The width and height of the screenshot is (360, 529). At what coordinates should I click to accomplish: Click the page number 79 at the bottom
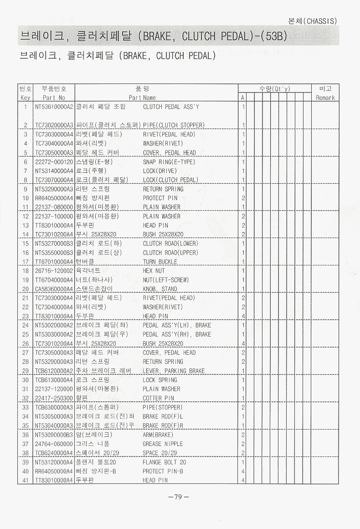[179, 497]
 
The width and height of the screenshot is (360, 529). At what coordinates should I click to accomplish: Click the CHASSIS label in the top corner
[313, 21]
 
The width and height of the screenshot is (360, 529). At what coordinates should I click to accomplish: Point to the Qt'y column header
[275, 88]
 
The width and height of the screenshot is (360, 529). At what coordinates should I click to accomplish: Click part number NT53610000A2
[54, 107]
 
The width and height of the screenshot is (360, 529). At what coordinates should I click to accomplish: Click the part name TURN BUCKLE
[160, 262]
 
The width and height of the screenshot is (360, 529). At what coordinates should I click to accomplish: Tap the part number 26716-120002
[54, 270]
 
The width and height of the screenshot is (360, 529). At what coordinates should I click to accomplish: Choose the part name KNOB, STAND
[160, 289]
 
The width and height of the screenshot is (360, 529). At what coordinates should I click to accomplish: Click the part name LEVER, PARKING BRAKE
[174, 371]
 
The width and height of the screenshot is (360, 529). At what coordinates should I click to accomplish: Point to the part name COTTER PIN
[158, 398]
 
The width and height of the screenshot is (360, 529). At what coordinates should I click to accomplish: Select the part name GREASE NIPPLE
[163, 444]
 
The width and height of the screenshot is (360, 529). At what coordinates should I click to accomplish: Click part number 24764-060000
[54, 444]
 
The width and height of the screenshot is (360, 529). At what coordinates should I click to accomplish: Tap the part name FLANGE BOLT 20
[164, 462]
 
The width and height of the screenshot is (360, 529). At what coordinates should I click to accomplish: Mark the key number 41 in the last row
[26, 480]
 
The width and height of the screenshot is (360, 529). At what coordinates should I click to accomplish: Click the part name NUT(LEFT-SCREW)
[165, 280]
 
